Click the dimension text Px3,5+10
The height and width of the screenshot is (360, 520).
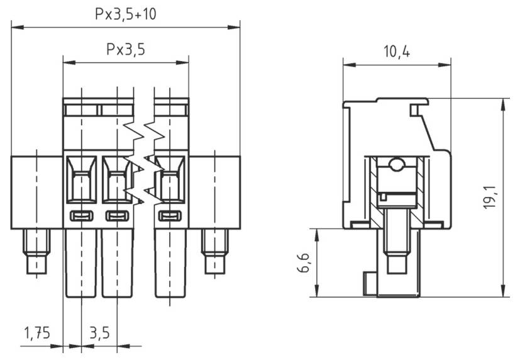click(126, 14)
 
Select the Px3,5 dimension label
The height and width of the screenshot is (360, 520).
click(126, 49)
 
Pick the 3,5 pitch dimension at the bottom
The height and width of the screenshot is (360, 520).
click(99, 332)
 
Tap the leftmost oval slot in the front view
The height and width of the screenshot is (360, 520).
click(81, 217)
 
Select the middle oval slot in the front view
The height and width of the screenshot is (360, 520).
click(116, 217)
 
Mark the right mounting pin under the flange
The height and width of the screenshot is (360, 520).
click(215, 252)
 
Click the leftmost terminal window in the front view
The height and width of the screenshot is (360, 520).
click(81, 180)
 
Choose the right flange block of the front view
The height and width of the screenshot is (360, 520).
click(215, 191)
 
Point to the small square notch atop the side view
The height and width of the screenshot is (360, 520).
click(415, 111)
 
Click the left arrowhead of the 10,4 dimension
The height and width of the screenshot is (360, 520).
click(346, 64)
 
